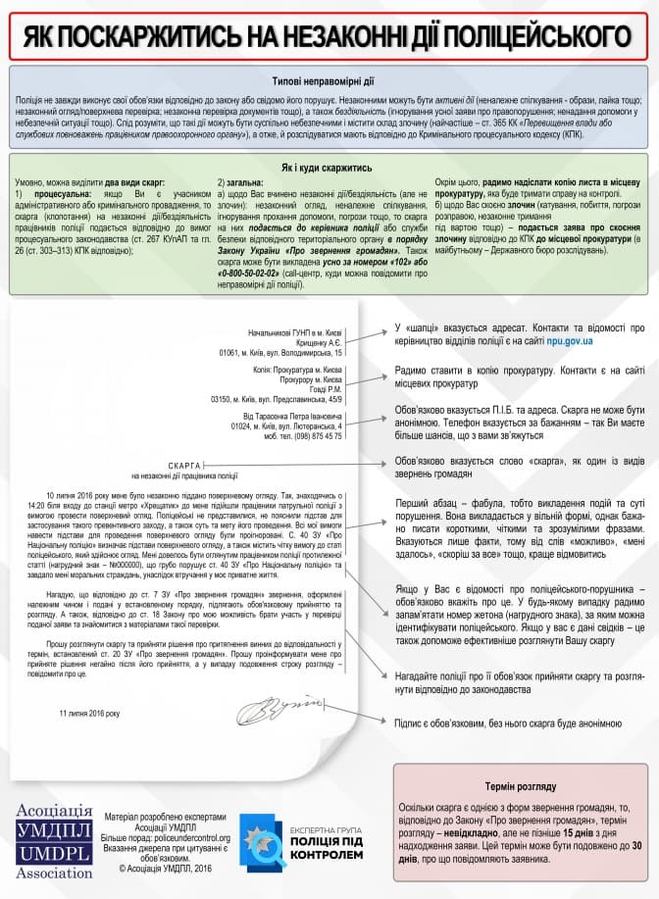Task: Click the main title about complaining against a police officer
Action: [329, 36]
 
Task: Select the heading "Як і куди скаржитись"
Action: [329, 168]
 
